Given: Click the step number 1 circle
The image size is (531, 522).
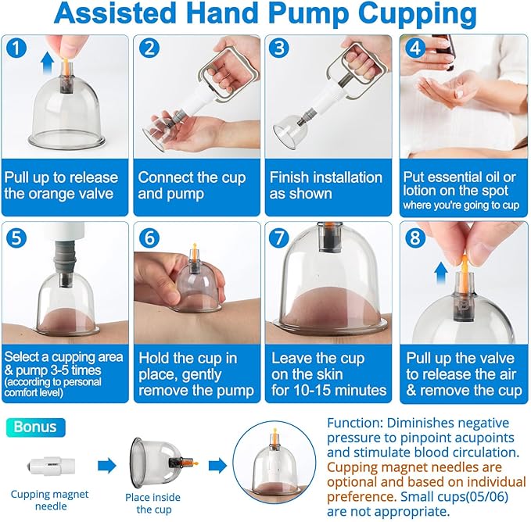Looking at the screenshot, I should [x=17, y=48].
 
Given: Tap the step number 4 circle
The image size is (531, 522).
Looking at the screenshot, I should [x=415, y=48].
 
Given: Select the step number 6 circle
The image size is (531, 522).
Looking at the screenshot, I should [x=150, y=237].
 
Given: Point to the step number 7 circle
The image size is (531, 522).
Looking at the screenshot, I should [x=282, y=237].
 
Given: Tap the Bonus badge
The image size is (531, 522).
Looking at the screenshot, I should [x=37, y=427].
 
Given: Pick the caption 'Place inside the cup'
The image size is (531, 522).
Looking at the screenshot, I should [x=152, y=502].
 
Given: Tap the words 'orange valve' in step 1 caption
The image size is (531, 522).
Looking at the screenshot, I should [x=70, y=193].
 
